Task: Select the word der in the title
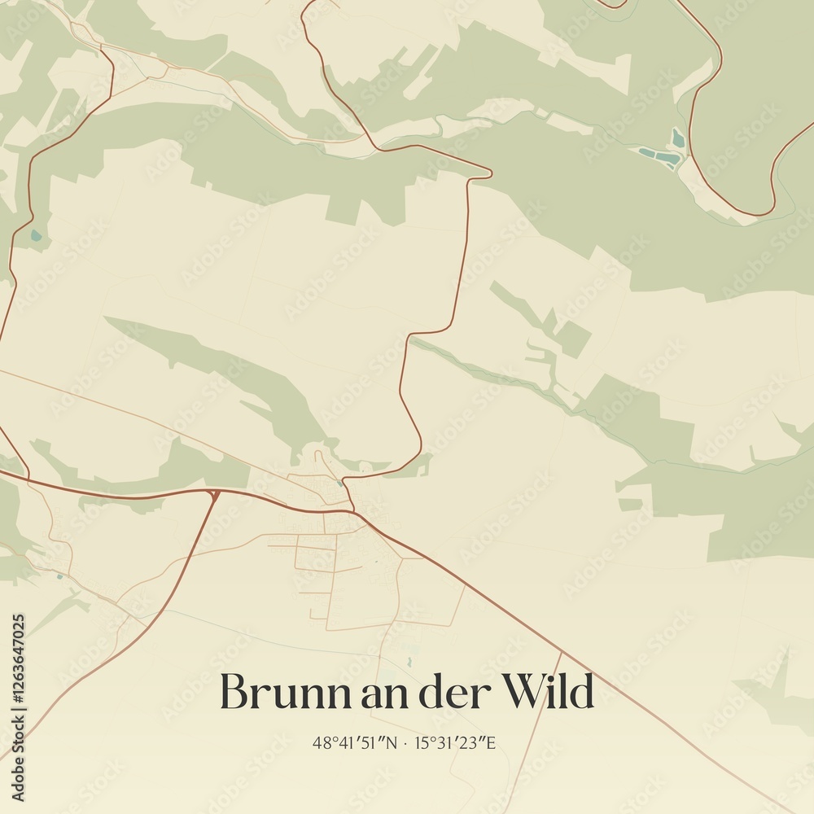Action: click(x=452, y=693)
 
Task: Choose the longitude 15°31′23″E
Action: click(x=455, y=742)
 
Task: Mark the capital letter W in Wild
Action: click(x=523, y=693)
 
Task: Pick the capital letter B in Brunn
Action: click(x=234, y=693)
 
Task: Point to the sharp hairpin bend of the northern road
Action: click(x=488, y=172)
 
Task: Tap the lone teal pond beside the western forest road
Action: click(x=35, y=237)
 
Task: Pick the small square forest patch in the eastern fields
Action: click(x=574, y=338)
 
